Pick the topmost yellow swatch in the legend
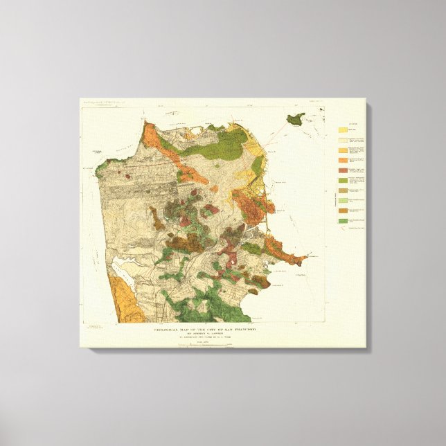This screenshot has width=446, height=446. pos(343,129)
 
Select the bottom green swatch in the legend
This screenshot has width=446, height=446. pos(343,220)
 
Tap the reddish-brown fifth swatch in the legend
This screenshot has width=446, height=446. pos(343,170)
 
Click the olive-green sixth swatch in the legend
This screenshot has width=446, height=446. pos(343,179)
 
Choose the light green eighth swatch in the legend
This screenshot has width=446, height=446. pos(343,199)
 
